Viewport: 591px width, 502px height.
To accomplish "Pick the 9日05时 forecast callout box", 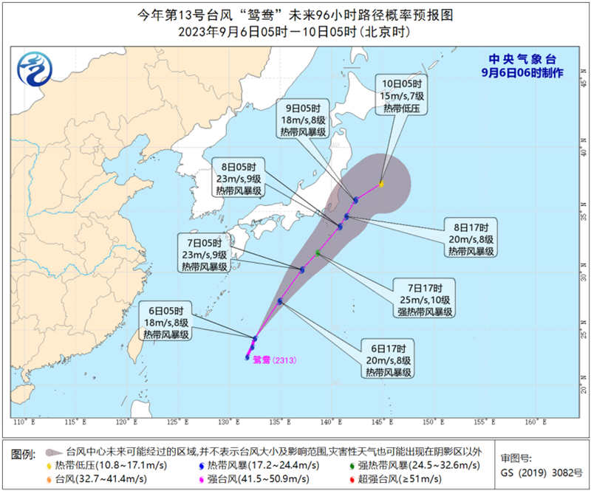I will pyautogui.click(x=303, y=120).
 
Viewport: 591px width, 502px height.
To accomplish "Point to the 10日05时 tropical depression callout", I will pyautogui.click(x=400, y=96).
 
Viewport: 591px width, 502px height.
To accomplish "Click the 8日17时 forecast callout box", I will pyautogui.click(x=474, y=238).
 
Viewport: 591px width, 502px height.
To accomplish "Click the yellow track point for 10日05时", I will pyautogui.click(x=381, y=184).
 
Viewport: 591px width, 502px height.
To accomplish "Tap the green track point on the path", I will pyautogui.click(x=318, y=253).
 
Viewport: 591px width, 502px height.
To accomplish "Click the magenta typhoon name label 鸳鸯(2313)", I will pyautogui.click(x=273, y=360).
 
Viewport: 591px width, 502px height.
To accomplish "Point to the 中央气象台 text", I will pyautogui.click(x=522, y=58).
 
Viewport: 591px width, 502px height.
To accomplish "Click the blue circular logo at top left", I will pyautogui.click(x=32, y=71).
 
